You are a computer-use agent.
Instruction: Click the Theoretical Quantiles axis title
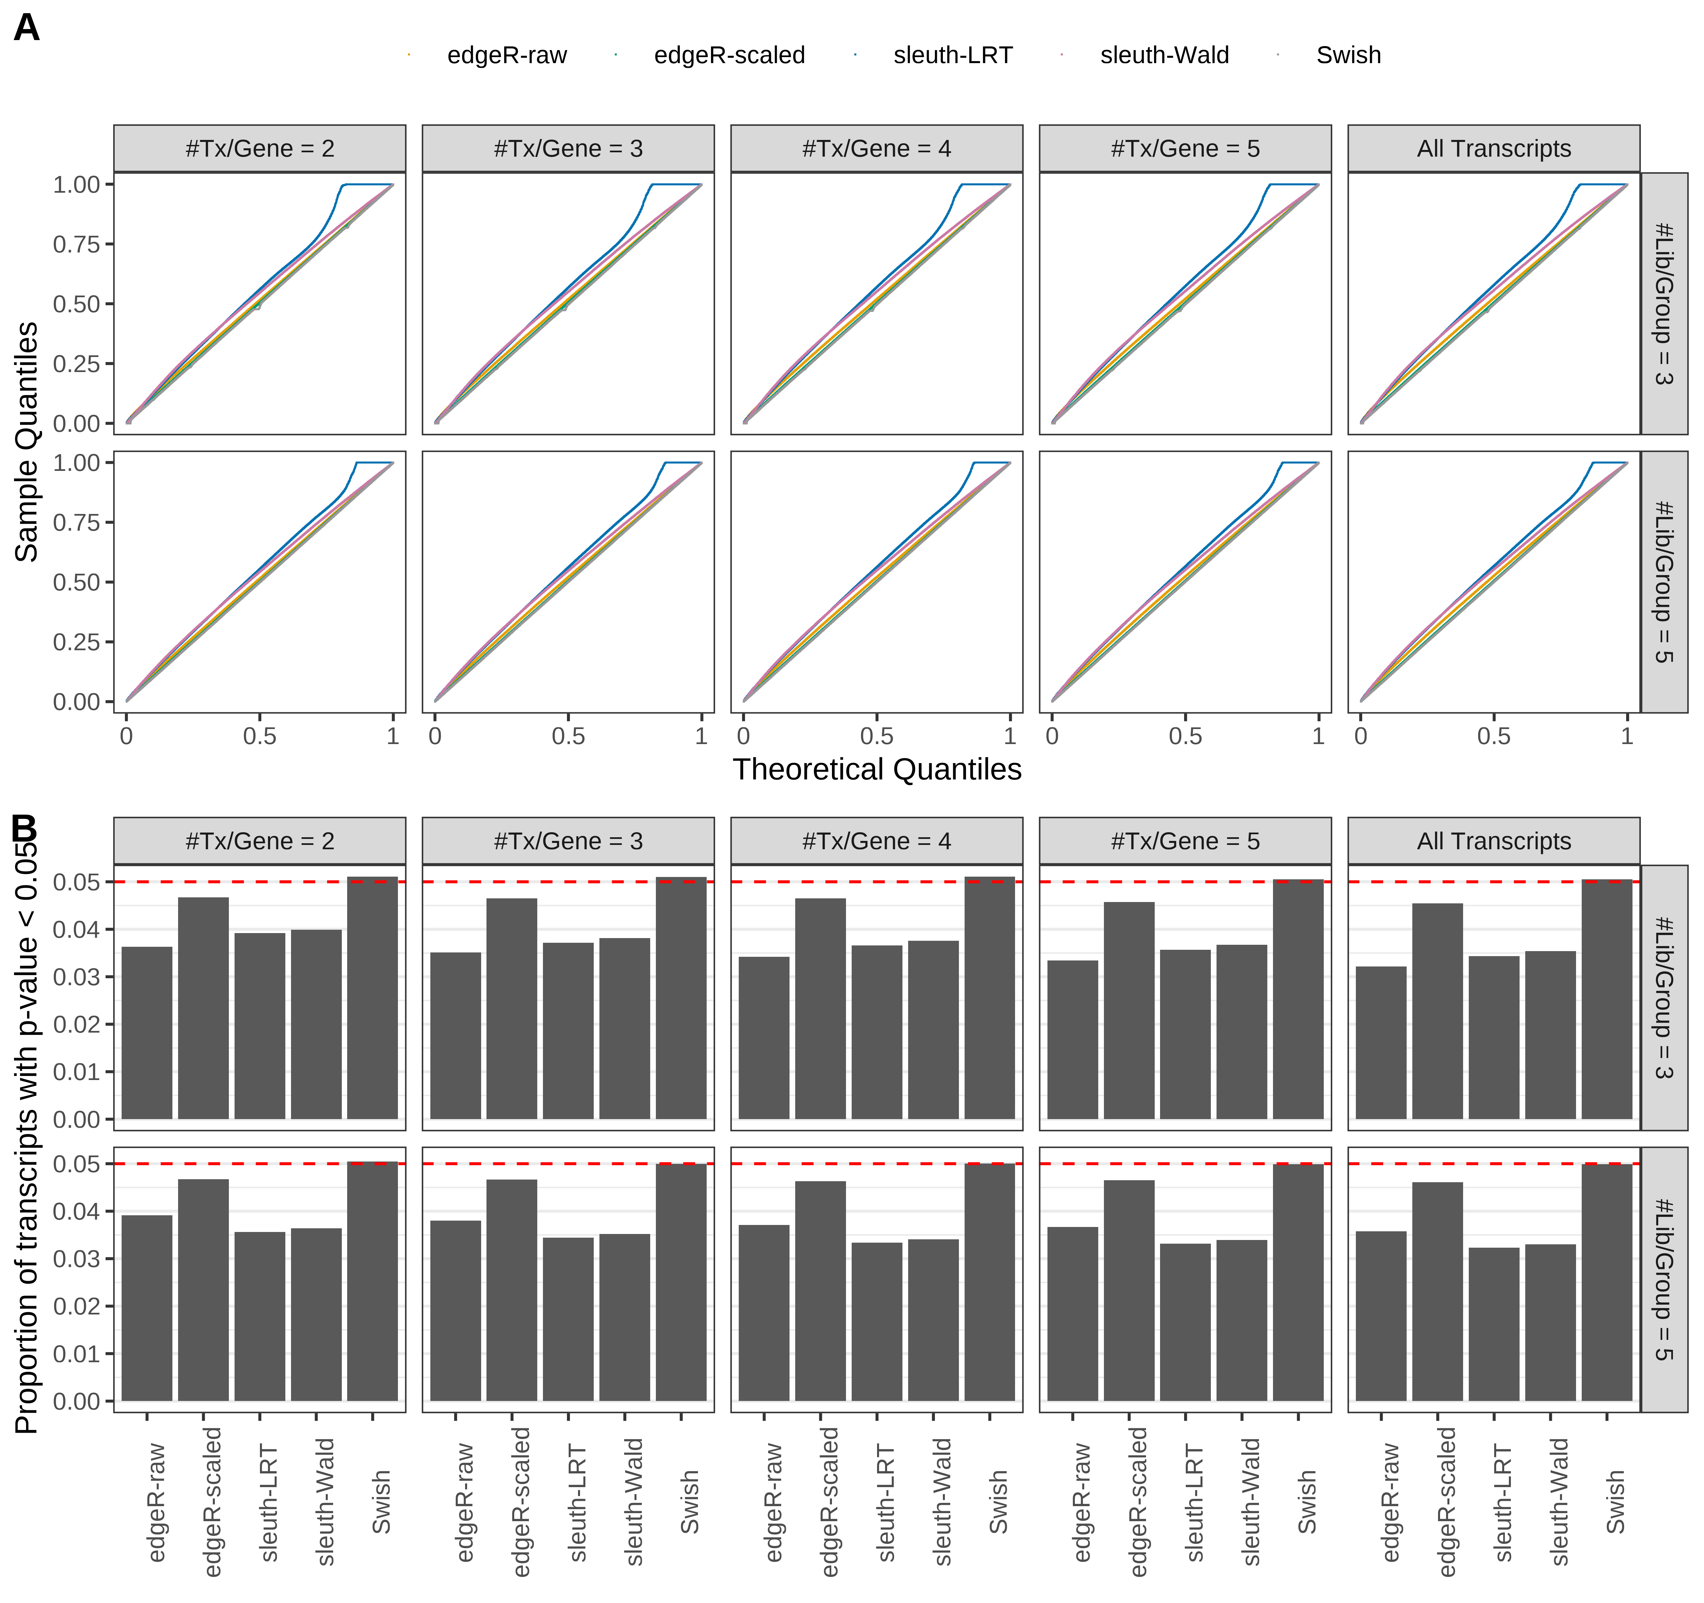[x=876, y=769]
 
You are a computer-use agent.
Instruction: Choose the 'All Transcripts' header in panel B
[x=1493, y=841]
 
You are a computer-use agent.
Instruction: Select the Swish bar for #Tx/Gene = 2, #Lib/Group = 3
[x=372, y=998]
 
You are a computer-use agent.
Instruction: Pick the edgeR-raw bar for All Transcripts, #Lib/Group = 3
[x=1381, y=1043]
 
